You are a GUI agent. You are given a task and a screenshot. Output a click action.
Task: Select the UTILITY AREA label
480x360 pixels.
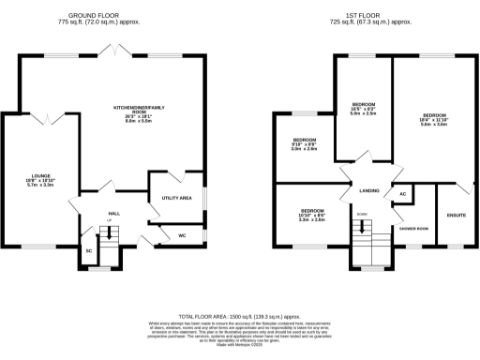pos(176,199)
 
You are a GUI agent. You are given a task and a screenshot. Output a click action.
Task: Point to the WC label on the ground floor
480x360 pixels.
pos(183,235)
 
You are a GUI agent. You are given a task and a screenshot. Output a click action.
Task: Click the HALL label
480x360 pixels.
pos(113,214)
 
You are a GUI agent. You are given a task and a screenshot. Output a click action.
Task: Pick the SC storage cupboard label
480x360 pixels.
pos(89,251)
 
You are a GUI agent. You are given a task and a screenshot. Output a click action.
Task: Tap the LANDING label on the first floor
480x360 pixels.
pos(369,190)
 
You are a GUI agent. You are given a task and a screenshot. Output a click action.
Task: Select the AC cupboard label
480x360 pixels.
pos(402,194)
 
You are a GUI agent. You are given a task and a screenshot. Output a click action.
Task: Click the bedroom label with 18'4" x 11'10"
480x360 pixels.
pos(432,119)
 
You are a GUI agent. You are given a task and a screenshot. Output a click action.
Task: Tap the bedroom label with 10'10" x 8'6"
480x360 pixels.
pos(312,215)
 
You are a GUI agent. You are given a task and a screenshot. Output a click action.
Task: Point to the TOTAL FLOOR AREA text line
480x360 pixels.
pos(241,318)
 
